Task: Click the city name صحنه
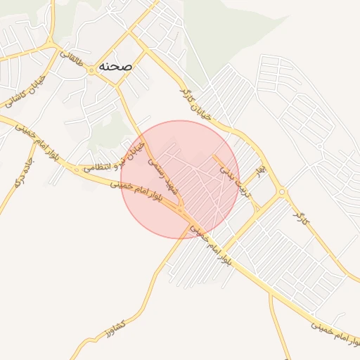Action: click(x=114, y=65)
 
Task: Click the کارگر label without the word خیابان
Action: click(x=301, y=213)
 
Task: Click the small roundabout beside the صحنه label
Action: click(x=92, y=71)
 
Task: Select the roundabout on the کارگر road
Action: click(x=281, y=191)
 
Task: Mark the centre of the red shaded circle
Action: click(x=180, y=179)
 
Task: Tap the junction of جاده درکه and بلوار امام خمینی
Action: click(x=34, y=136)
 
